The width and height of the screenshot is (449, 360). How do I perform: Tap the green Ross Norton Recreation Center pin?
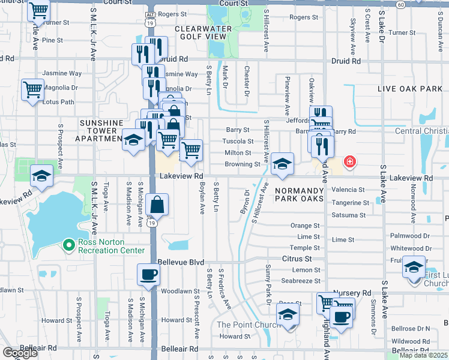69,244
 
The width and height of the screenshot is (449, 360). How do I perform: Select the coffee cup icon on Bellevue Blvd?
149,275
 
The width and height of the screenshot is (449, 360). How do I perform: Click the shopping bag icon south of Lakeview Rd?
157,205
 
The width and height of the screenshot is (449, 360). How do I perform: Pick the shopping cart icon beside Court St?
38,10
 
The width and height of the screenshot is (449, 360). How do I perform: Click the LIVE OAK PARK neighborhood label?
409,89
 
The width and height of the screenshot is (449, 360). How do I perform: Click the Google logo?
20,353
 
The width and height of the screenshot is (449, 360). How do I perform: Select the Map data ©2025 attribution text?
423,355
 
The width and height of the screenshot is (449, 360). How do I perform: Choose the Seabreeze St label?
301,281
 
